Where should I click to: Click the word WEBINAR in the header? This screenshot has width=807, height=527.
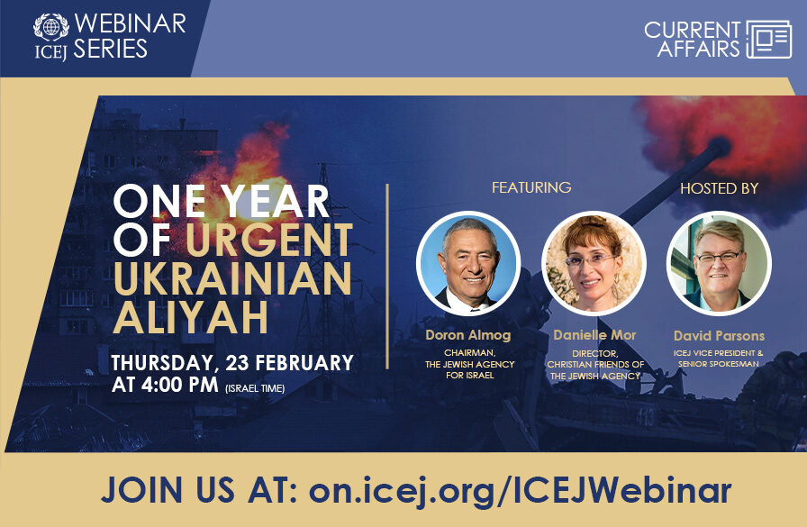tap(130, 23)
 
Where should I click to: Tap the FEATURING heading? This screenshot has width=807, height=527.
tap(531, 187)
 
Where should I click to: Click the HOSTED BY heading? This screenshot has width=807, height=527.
tap(719, 188)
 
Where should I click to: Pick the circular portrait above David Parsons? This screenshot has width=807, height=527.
tap(719, 263)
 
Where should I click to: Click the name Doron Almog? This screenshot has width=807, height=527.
tap(467, 335)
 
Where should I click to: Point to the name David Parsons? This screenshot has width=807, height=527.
tap(719, 336)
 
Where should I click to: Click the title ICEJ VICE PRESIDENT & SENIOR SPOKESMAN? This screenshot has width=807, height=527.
tap(719, 357)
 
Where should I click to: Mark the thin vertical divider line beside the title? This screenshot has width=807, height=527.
tap(387, 277)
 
